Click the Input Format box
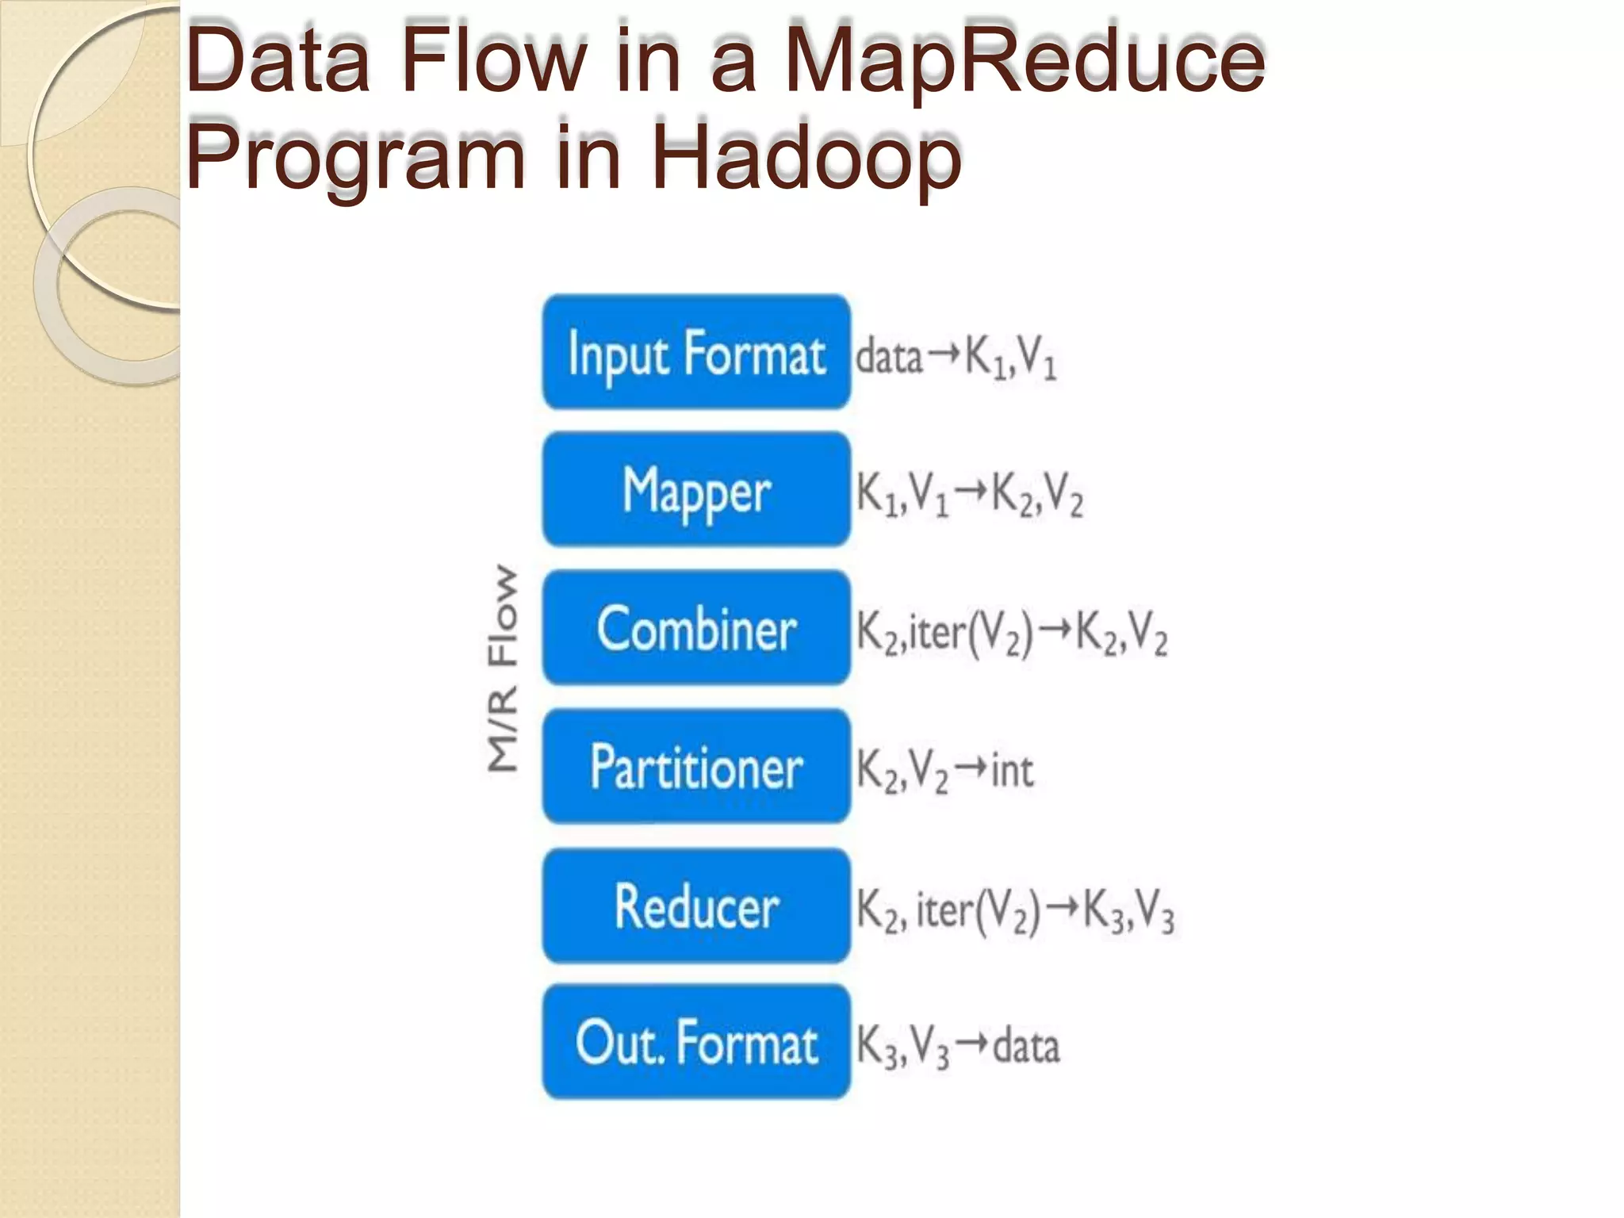coord(696,352)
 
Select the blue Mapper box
coord(696,489)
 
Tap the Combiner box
coord(696,627)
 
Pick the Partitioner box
coord(696,766)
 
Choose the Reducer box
coord(696,906)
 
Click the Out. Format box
coord(696,1042)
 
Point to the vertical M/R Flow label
coord(503,668)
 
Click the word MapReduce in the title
coord(1023,60)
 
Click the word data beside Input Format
coord(889,356)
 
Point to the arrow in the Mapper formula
coord(971,492)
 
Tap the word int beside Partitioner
coord(1012,769)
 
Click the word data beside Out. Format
coord(1026,1045)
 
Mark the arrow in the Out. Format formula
coord(971,1044)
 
